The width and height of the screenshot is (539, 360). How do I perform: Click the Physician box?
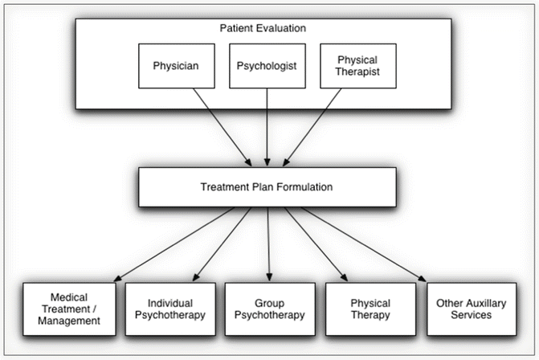tap(175, 64)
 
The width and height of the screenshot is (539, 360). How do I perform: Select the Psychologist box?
tap(267, 64)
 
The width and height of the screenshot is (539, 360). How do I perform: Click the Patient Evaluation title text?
tap(263, 28)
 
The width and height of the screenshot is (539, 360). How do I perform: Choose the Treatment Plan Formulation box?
tap(266, 186)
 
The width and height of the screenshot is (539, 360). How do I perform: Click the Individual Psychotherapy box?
tap(170, 309)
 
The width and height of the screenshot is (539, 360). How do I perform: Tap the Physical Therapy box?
tap(370, 309)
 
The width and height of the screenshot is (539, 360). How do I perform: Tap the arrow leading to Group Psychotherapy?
tap(268, 241)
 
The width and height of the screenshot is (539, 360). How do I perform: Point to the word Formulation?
tap(304, 186)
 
